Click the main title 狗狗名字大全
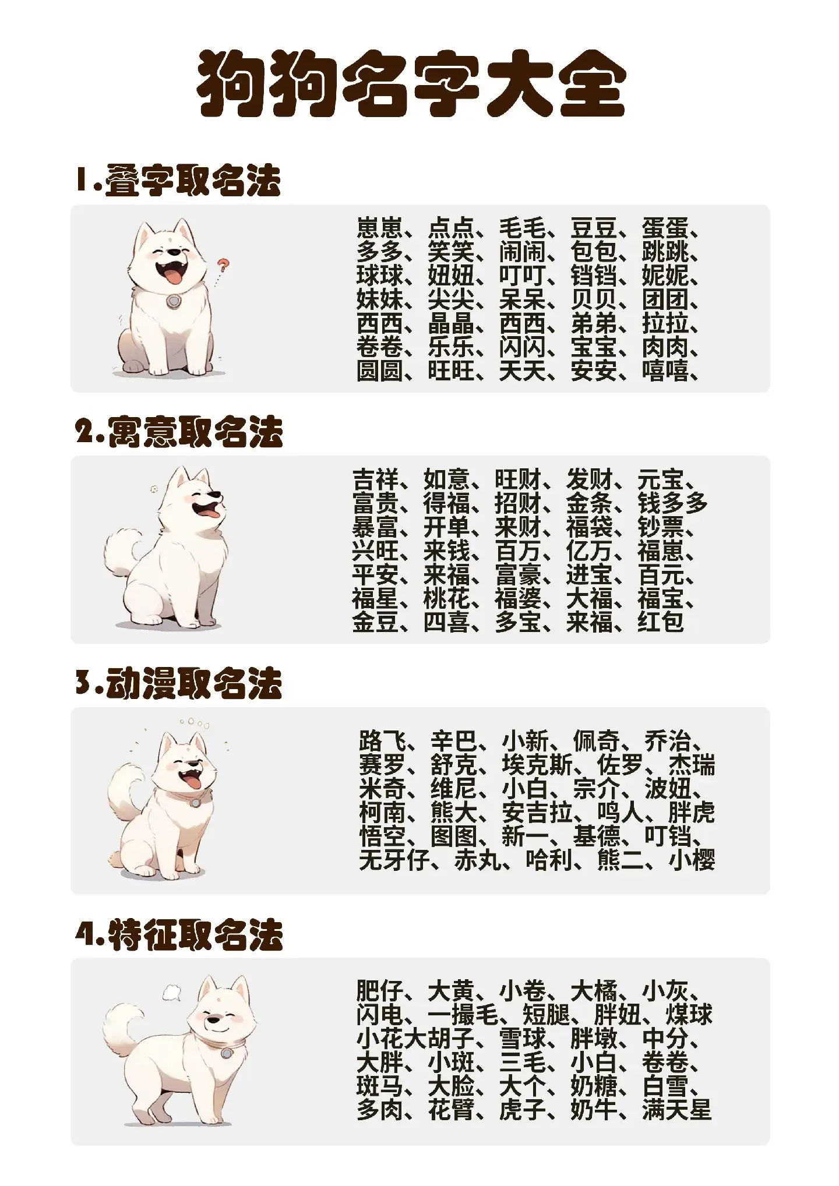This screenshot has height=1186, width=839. (x=411, y=84)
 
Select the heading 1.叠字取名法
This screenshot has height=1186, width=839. (x=178, y=180)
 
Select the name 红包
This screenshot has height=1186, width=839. (x=660, y=622)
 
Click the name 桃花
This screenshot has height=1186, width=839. (x=446, y=598)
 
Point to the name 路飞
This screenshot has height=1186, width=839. (x=382, y=741)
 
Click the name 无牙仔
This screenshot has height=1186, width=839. (x=394, y=860)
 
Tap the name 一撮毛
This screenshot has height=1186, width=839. (x=463, y=1015)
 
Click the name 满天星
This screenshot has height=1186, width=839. (x=677, y=1110)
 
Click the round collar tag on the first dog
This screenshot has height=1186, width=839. (x=172, y=301)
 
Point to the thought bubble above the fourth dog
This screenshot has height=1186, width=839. (x=172, y=992)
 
